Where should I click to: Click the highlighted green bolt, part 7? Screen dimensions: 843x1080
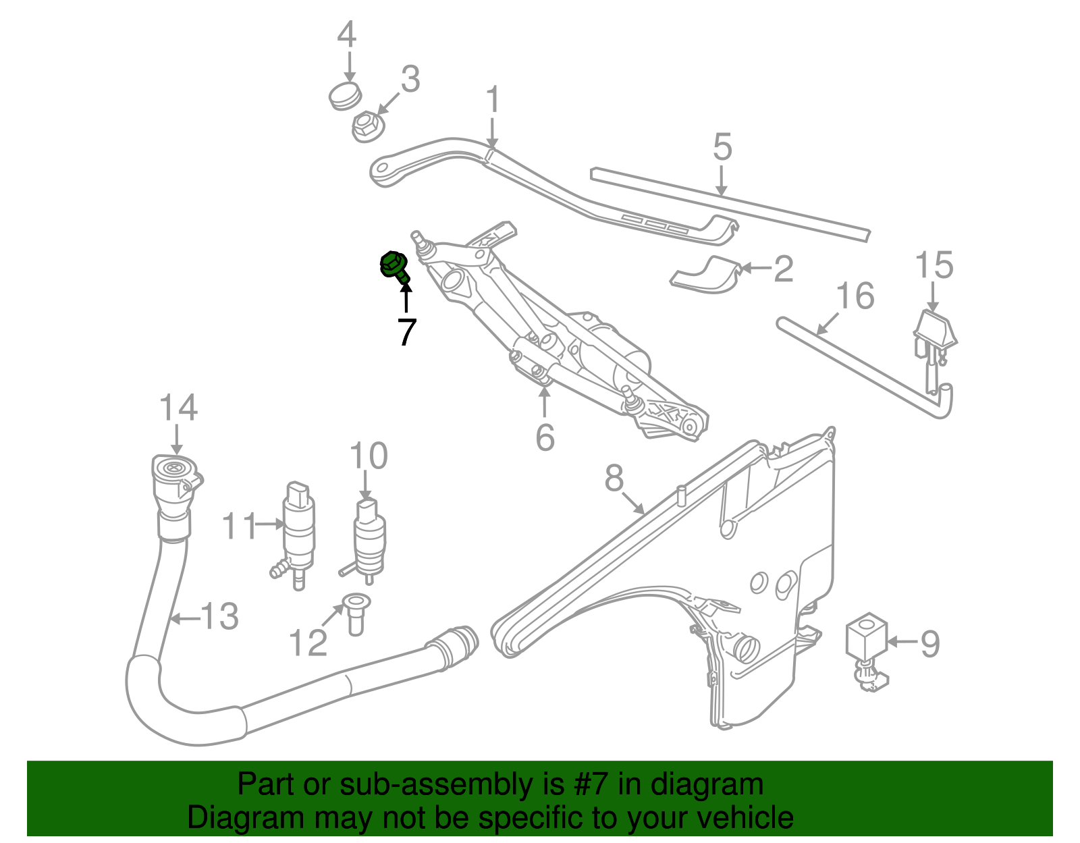pos(394,265)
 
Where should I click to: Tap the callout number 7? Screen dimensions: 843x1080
pos(406,332)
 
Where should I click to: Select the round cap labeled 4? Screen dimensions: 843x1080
pos(345,95)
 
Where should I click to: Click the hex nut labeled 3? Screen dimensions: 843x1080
pos(368,126)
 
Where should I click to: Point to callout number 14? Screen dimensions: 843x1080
pos(178,409)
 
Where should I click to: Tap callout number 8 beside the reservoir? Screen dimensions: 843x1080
pos(614,479)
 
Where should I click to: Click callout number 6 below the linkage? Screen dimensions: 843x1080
pos(545,437)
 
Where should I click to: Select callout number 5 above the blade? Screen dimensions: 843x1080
pos(722,147)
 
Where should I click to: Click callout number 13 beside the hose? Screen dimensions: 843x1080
pos(220,617)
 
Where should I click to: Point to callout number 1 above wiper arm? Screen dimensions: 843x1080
pos(493,100)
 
